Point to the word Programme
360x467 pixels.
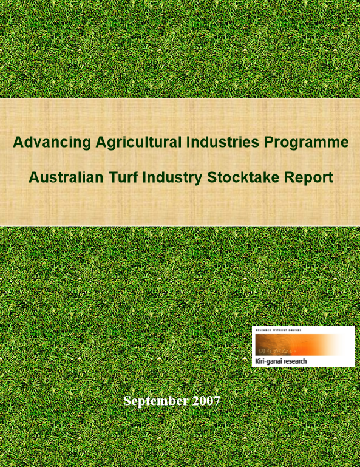coord(307,143)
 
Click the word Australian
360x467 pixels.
coord(65,178)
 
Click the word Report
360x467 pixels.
coord(311,178)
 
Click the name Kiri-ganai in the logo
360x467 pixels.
coord(268,361)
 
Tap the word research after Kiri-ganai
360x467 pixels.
coord(294,361)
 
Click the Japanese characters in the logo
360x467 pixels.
coord(273,350)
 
